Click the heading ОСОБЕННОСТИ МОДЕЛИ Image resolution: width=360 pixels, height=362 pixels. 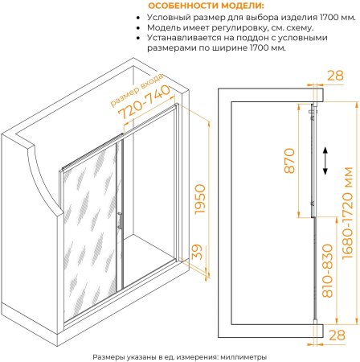pyautogui.click(x=206, y=6)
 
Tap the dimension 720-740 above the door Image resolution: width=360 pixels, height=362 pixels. pyautogui.click(x=145, y=102)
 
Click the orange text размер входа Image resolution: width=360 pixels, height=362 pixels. pyautogui.click(x=137, y=90)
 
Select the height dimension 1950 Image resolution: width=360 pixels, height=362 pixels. pyautogui.click(x=200, y=199)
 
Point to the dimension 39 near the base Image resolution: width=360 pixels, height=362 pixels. pyautogui.click(x=198, y=252)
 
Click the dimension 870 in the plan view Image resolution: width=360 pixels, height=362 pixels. pyautogui.click(x=290, y=161)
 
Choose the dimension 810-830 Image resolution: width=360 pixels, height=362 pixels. pyautogui.click(x=328, y=271)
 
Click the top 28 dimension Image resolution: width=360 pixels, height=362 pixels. pyautogui.click(x=336, y=76)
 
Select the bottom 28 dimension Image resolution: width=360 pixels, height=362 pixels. pyautogui.click(x=337, y=335)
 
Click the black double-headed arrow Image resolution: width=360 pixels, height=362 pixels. pyautogui.click(x=325, y=161)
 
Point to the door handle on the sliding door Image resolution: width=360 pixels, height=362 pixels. pyautogui.click(x=120, y=221)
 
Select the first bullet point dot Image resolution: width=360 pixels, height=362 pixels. pyautogui.click(x=138, y=18)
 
